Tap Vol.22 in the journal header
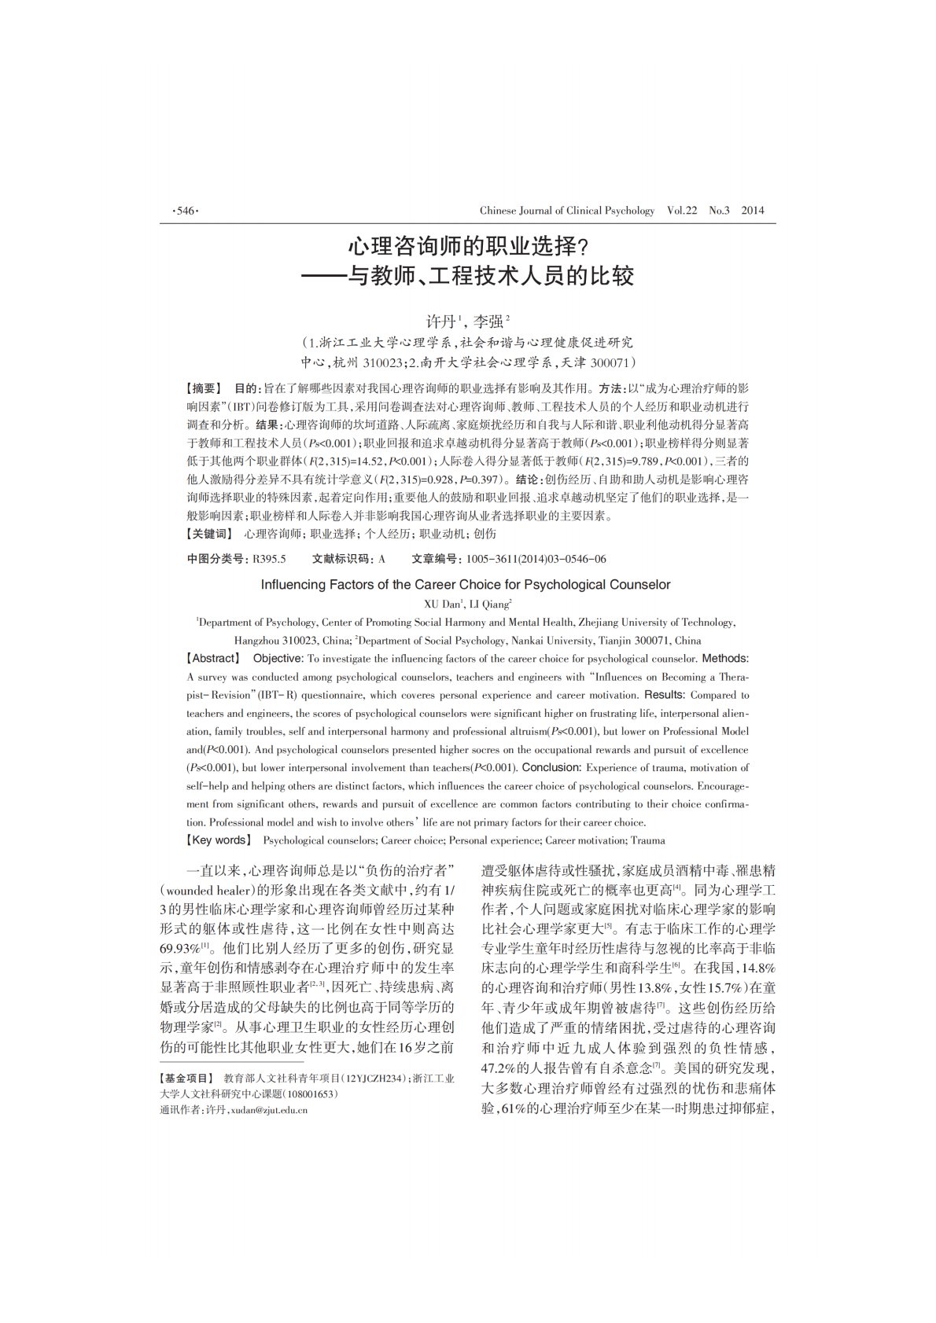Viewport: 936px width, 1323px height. click(682, 211)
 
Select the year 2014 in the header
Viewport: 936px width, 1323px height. click(753, 211)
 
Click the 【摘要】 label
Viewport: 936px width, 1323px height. click(204, 389)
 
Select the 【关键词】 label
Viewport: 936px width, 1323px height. click(209, 534)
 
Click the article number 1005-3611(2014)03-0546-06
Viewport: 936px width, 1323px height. click(536, 559)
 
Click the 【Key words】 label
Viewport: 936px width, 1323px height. click(218, 840)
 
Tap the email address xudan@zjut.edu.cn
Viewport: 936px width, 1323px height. click(267, 1110)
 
